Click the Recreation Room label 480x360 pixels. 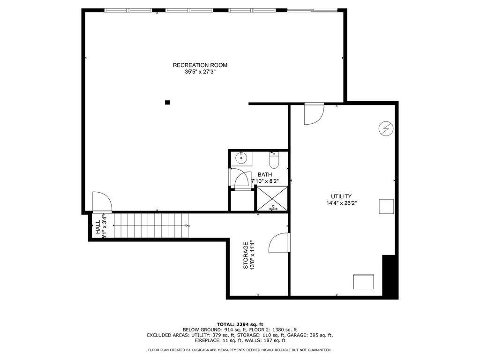pyautogui.click(x=200, y=65)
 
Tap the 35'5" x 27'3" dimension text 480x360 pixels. pyautogui.click(x=200, y=72)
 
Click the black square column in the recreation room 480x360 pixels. pyautogui.click(x=167, y=103)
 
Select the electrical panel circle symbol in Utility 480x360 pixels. pyautogui.click(x=386, y=128)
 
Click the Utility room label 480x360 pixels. pyautogui.click(x=341, y=196)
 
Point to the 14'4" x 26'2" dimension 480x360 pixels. pyautogui.click(x=341, y=203)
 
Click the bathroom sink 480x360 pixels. pyautogui.click(x=241, y=158)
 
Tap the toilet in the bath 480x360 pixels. pyautogui.click(x=273, y=160)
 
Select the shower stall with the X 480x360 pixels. pyautogui.click(x=272, y=199)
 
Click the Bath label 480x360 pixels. pyautogui.click(x=264, y=174)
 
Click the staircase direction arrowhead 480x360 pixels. pyautogui.click(x=187, y=225)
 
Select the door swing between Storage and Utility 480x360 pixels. pyautogui.click(x=278, y=242)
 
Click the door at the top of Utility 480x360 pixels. pyautogui.click(x=314, y=114)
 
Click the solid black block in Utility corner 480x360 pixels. pyautogui.click(x=390, y=277)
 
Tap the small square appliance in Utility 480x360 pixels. pyautogui.click(x=386, y=206)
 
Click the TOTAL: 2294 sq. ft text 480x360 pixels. pyautogui.click(x=240, y=324)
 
